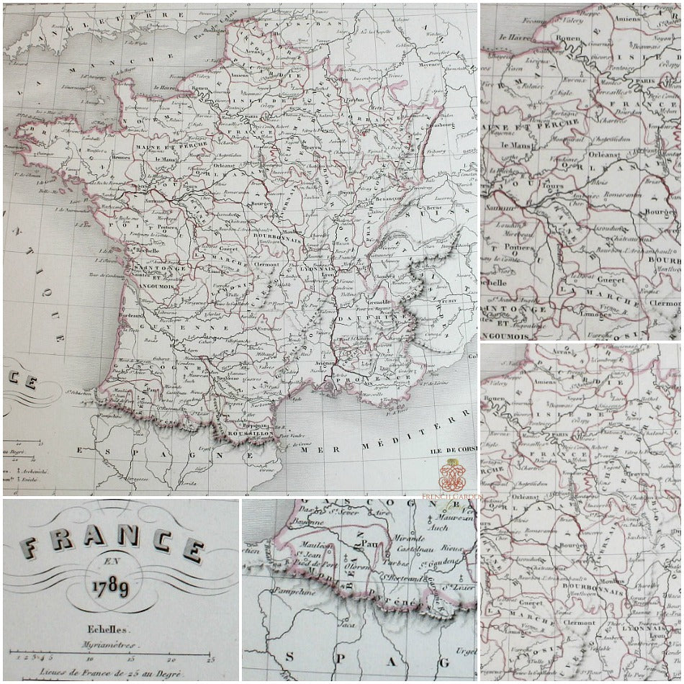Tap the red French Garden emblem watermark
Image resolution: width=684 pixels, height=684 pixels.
click(451, 474)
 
